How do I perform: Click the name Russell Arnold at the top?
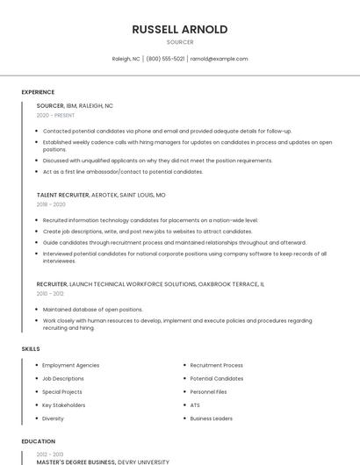pyautogui.click(x=180, y=29)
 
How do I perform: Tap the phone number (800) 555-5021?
pyautogui.click(x=165, y=59)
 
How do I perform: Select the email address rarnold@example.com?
pyautogui.click(x=219, y=59)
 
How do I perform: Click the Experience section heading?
pyautogui.click(x=38, y=92)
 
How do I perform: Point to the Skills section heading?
pyautogui.click(x=31, y=349)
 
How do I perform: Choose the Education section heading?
pyautogui.click(x=38, y=441)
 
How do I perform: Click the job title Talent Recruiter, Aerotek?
pyautogui.click(x=101, y=195)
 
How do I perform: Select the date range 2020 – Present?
pyautogui.click(x=55, y=115)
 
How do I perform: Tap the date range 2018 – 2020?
pyautogui.click(x=51, y=204)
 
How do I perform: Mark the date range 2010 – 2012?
pyautogui.click(x=50, y=294)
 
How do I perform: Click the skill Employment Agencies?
pyautogui.click(x=70, y=365)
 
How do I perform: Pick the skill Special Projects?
pyautogui.click(x=62, y=392)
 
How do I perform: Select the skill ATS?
pyautogui.click(x=195, y=405)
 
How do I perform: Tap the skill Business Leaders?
pyautogui.click(x=212, y=418)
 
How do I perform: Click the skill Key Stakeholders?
pyautogui.click(x=64, y=405)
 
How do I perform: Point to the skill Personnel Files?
pyautogui.click(x=209, y=392)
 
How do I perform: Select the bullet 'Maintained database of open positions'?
pyautogui.click(x=92, y=309)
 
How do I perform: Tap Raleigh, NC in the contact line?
pyautogui.click(x=126, y=59)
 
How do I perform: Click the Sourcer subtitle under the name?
pyautogui.click(x=180, y=42)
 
